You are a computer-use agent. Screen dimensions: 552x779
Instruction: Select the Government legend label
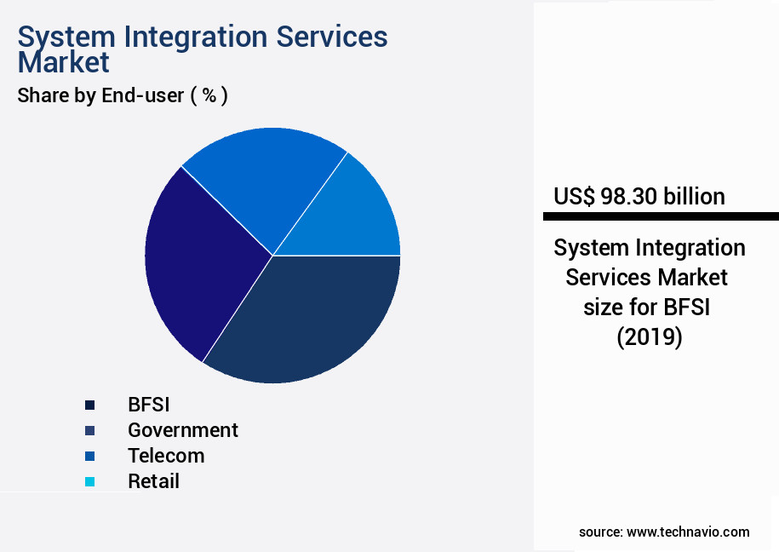(x=182, y=430)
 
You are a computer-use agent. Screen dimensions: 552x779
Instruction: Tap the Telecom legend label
(x=166, y=456)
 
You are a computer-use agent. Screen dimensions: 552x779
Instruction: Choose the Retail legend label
(x=153, y=481)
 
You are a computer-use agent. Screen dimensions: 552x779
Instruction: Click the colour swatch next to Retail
(x=89, y=482)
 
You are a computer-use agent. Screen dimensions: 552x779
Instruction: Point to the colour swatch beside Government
(x=89, y=431)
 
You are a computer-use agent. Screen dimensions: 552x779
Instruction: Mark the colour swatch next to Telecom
(x=89, y=457)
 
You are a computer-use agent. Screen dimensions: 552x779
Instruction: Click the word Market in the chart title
(x=64, y=62)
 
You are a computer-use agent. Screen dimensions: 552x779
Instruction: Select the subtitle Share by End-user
(x=100, y=95)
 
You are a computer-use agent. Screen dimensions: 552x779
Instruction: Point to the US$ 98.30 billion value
(x=639, y=197)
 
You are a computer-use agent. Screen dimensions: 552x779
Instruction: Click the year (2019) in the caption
(x=649, y=337)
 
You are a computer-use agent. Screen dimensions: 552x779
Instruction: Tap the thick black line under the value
(x=661, y=216)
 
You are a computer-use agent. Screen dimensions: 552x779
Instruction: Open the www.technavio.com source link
(x=688, y=532)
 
